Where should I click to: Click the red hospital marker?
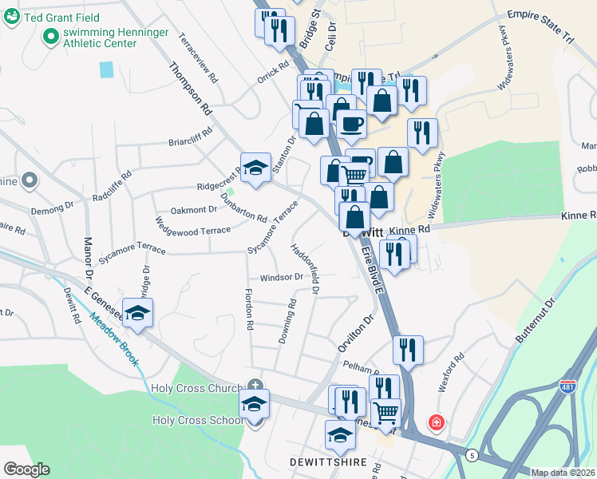click(x=436, y=421)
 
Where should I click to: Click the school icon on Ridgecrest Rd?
click(x=255, y=167)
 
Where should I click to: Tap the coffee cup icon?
click(x=351, y=124)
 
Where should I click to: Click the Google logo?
click(x=26, y=469)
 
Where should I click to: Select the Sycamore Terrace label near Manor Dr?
click(x=131, y=255)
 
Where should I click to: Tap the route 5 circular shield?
click(x=472, y=455)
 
